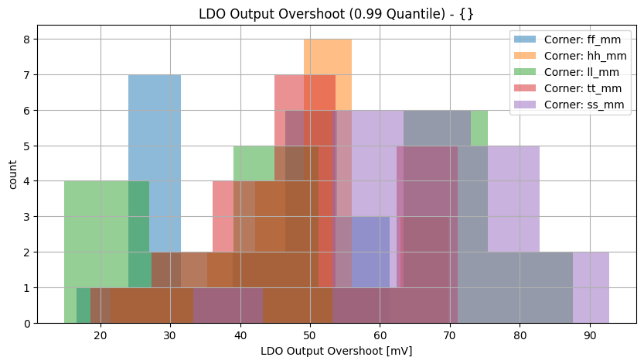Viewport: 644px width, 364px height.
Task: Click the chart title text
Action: click(x=336, y=13)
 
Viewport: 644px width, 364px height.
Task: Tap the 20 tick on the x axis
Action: click(x=101, y=335)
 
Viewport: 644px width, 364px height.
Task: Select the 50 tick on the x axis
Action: click(x=310, y=335)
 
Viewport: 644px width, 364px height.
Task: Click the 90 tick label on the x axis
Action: click(x=590, y=335)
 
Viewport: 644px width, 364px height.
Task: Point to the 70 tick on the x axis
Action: click(x=450, y=335)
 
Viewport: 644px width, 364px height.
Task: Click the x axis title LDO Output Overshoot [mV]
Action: click(x=336, y=351)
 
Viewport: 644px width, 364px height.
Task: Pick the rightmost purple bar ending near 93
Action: click(x=591, y=287)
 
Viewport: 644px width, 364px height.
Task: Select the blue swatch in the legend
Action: click(x=523, y=39)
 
